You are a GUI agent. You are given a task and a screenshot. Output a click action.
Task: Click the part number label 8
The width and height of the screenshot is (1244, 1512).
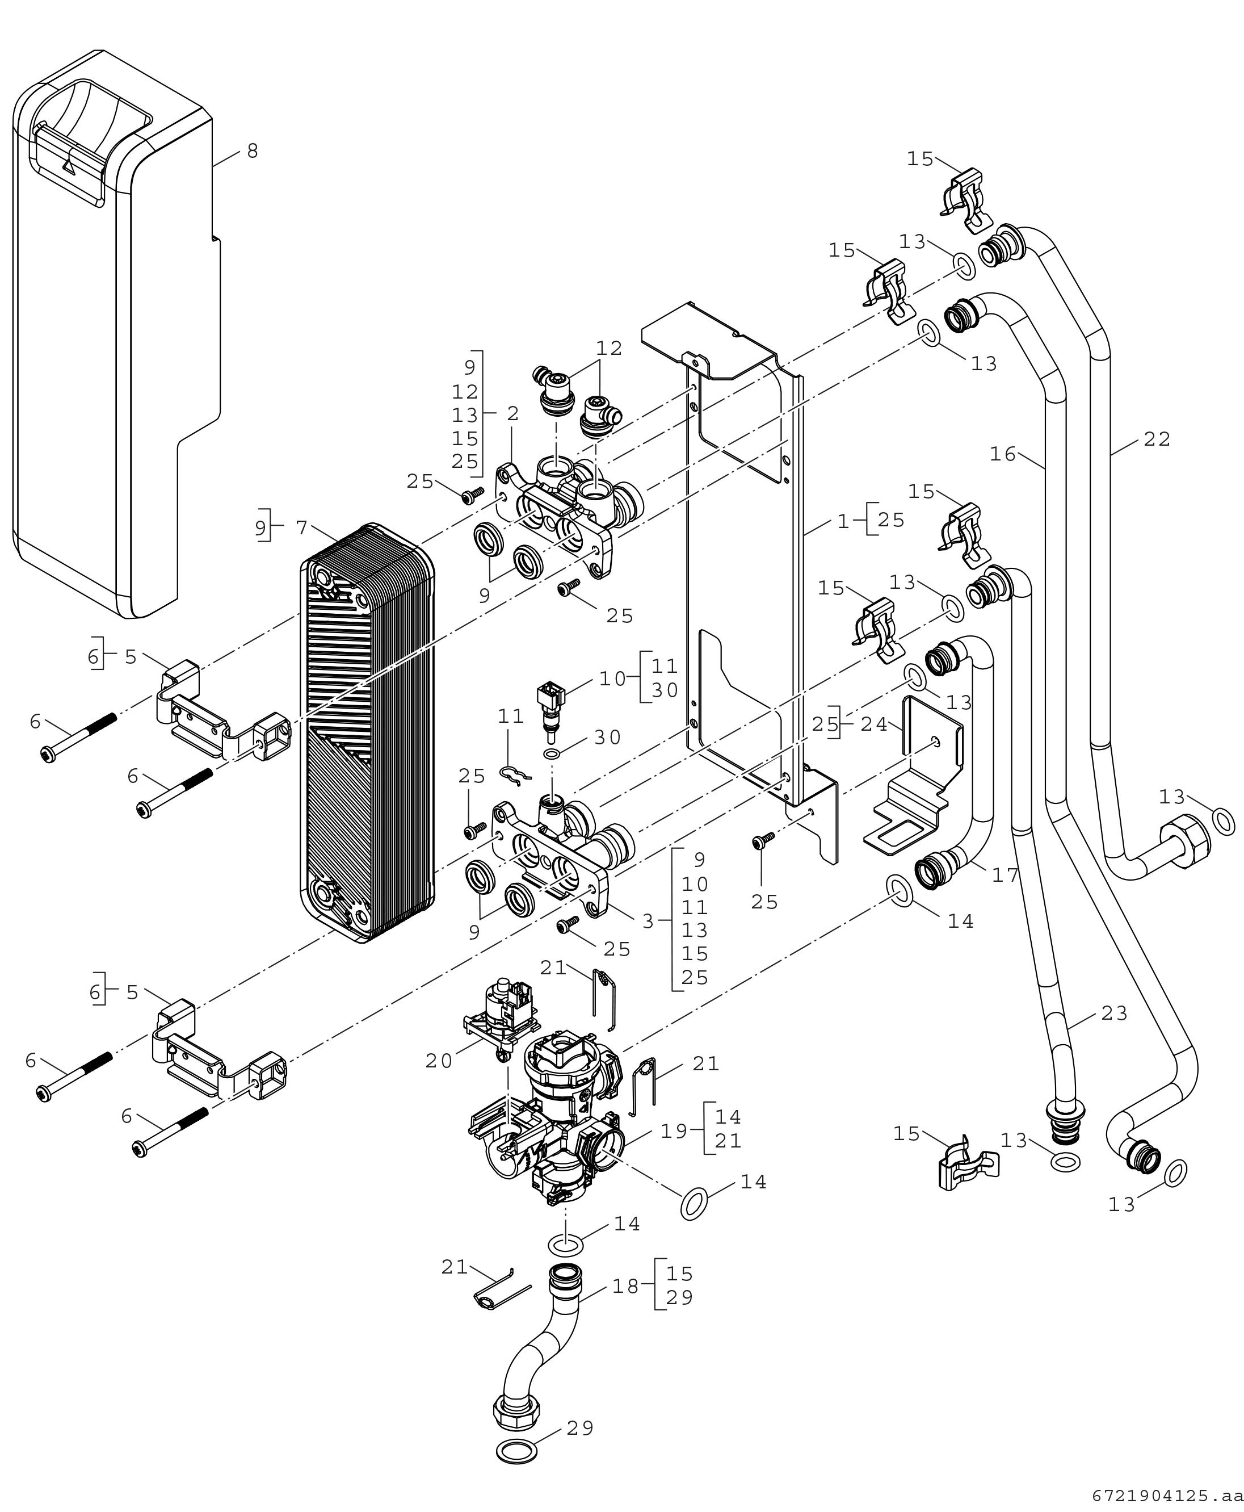252,151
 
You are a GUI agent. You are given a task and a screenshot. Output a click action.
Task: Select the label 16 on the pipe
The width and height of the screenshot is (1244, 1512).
1003,454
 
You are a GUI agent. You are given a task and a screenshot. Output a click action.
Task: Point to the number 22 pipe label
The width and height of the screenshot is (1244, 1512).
1157,439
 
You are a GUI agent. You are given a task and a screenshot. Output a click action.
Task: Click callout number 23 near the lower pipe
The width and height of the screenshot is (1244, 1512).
1114,1013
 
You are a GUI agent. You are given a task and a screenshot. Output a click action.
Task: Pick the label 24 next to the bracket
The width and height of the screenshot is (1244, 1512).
874,725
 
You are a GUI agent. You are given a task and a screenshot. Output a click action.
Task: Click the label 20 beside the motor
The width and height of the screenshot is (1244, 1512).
439,1061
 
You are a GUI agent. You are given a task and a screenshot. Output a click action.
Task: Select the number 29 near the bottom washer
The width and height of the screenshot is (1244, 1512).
581,1429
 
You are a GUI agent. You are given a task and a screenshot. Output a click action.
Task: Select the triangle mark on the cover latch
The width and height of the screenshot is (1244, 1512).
69,165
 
